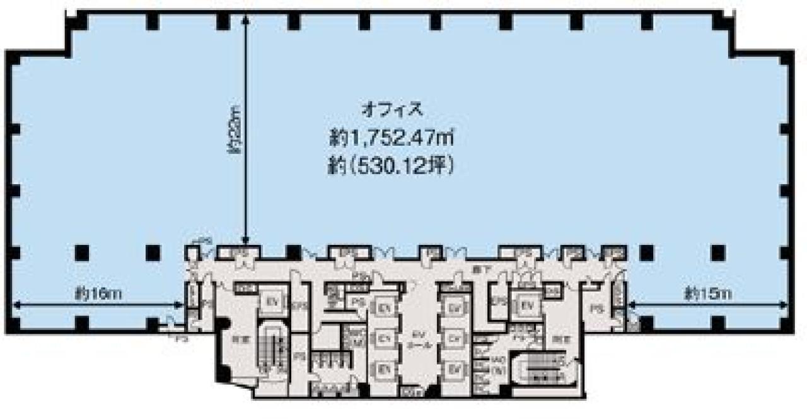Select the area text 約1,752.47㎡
(391, 136)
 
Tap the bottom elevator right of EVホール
(453, 367)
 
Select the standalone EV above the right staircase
(527, 305)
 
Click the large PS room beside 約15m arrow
(595, 308)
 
